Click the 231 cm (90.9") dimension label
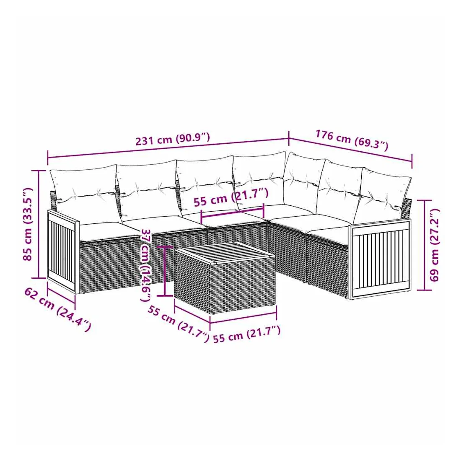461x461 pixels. click(x=173, y=139)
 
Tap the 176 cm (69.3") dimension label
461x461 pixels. click(x=352, y=140)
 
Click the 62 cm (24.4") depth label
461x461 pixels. click(x=58, y=310)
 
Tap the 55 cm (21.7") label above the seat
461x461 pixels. click(x=231, y=197)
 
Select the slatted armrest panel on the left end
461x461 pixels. click(x=63, y=251)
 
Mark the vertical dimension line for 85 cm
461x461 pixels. click(x=39, y=224)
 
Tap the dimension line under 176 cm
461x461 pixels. click(x=350, y=150)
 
